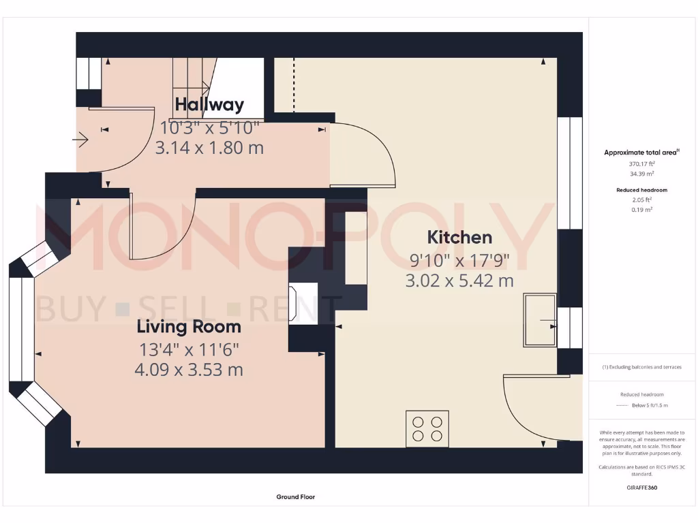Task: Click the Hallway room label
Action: click(209, 104)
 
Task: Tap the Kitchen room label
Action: click(459, 237)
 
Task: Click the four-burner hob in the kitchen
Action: click(427, 428)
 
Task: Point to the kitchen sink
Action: click(539, 320)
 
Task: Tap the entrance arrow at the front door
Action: click(80, 141)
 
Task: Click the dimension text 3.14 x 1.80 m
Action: click(209, 147)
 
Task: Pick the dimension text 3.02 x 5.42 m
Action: click(459, 281)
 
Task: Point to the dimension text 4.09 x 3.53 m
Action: click(189, 370)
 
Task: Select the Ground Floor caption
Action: click(296, 497)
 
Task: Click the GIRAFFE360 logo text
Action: click(641, 488)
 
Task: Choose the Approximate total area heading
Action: click(641, 153)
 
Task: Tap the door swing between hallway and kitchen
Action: click(365, 153)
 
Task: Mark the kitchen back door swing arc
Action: click(528, 409)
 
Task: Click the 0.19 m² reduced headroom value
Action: click(641, 210)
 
